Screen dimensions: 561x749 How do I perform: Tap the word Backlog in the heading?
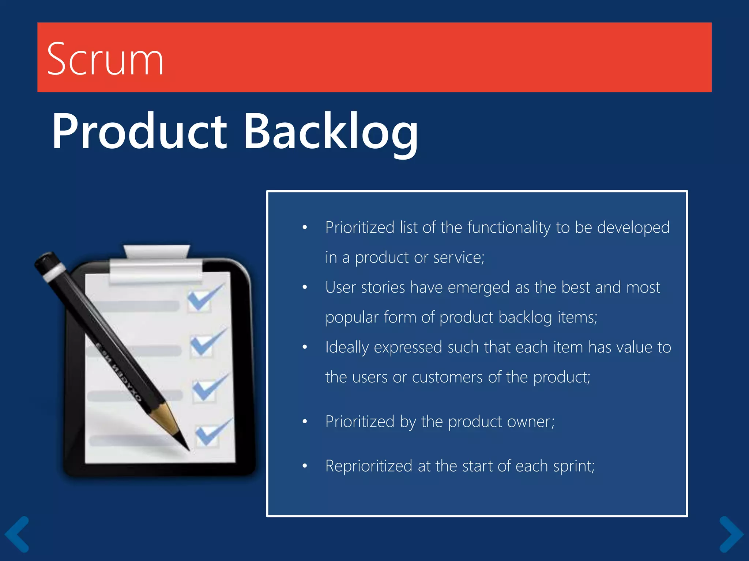pos(331,132)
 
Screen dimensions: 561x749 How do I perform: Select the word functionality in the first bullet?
pos(509,228)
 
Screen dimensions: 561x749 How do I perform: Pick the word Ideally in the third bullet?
pos(347,347)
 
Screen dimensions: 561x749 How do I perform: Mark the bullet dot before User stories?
pos(305,287)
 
